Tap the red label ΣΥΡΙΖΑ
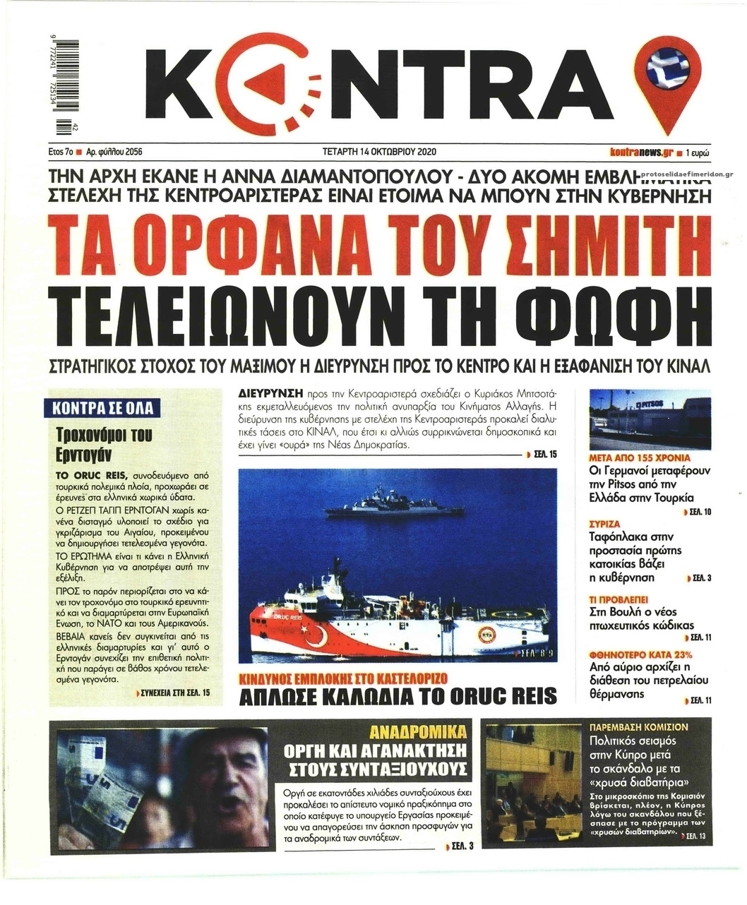(604, 525)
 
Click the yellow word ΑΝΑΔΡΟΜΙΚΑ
(419, 731)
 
